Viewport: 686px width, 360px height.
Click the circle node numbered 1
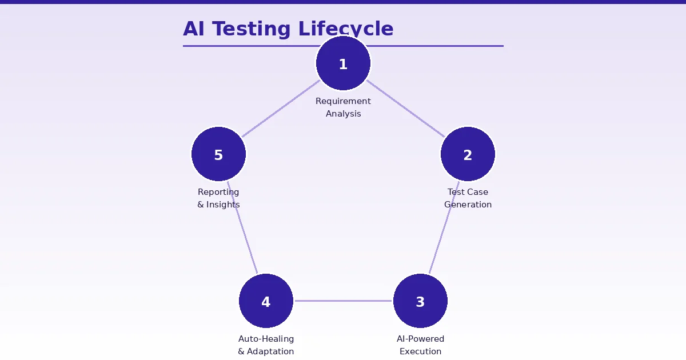[343, 63]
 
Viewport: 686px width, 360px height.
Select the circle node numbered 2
[468, 154]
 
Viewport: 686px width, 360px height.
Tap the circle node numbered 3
[420, 301]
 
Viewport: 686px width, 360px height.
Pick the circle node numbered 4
[266, 301]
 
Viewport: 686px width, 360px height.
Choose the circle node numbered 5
[218, 154]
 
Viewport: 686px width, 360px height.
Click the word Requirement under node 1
[343, 101]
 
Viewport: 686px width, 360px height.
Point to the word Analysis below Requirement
[343, 114]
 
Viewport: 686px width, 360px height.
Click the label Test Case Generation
[468, 198]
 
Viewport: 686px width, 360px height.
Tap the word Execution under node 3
[420, 351]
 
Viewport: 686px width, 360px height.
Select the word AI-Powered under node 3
[420, 339]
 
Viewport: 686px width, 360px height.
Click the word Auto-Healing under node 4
[266, 339]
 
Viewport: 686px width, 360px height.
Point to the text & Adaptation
[266, 351]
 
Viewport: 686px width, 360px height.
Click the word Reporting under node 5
[218, 192]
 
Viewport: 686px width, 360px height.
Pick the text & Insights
[218, 205]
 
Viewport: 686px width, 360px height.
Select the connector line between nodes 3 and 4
[343, 301]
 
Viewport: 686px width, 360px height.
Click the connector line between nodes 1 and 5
[281, 109]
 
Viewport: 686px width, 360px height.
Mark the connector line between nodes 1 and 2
[405, 109]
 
